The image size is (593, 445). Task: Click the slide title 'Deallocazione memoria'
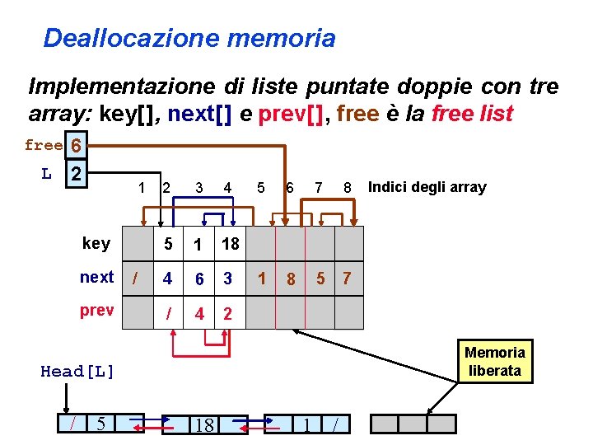point(189,38)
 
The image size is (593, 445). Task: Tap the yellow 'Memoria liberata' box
point(494,362)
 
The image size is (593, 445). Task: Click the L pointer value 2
point(76,175)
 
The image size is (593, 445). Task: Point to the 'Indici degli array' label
point(427,187)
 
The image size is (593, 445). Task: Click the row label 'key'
point(96,242)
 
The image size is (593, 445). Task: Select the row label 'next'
point(96,277)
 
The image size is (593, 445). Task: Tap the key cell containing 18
point(231,243)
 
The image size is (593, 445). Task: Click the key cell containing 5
point(168,243)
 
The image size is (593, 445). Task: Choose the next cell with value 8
point(291,279)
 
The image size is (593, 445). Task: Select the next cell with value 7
point(348,279)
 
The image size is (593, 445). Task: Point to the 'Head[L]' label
point(77,372)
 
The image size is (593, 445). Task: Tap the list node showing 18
point(203,424)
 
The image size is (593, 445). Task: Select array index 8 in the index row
point(348,188)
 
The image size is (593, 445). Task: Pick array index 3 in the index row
point(198,188)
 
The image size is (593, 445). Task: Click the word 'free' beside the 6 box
point(43,146)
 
